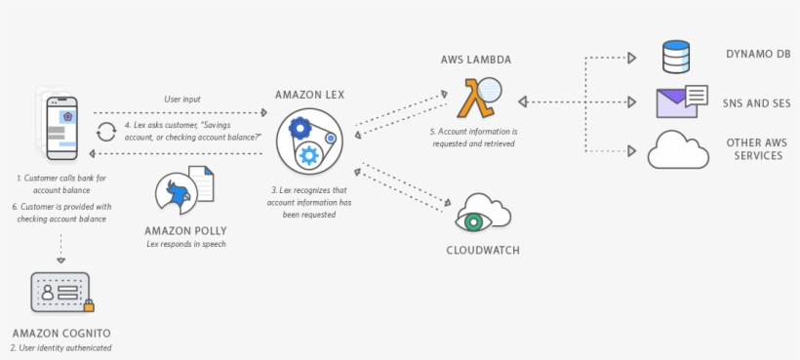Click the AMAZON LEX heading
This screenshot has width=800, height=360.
(x=307, y=95)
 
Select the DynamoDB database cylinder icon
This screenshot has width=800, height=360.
(x=675, y=57)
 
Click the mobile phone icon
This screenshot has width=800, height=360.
(x=61, y=125)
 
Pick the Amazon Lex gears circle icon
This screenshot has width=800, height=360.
(x=307, y=140)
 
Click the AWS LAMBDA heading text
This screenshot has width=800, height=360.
(x=476, y=60)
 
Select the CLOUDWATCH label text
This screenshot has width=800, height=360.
(x=476, y=251)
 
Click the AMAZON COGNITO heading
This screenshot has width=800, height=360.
(x=61, y=333)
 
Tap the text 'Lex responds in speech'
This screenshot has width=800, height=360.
(x=185, y=244)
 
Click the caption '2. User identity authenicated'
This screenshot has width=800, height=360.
(x=61, y=347)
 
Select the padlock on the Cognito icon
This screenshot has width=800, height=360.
(x=88, y=305)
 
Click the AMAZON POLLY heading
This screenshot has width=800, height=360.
(x=185, y=230)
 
